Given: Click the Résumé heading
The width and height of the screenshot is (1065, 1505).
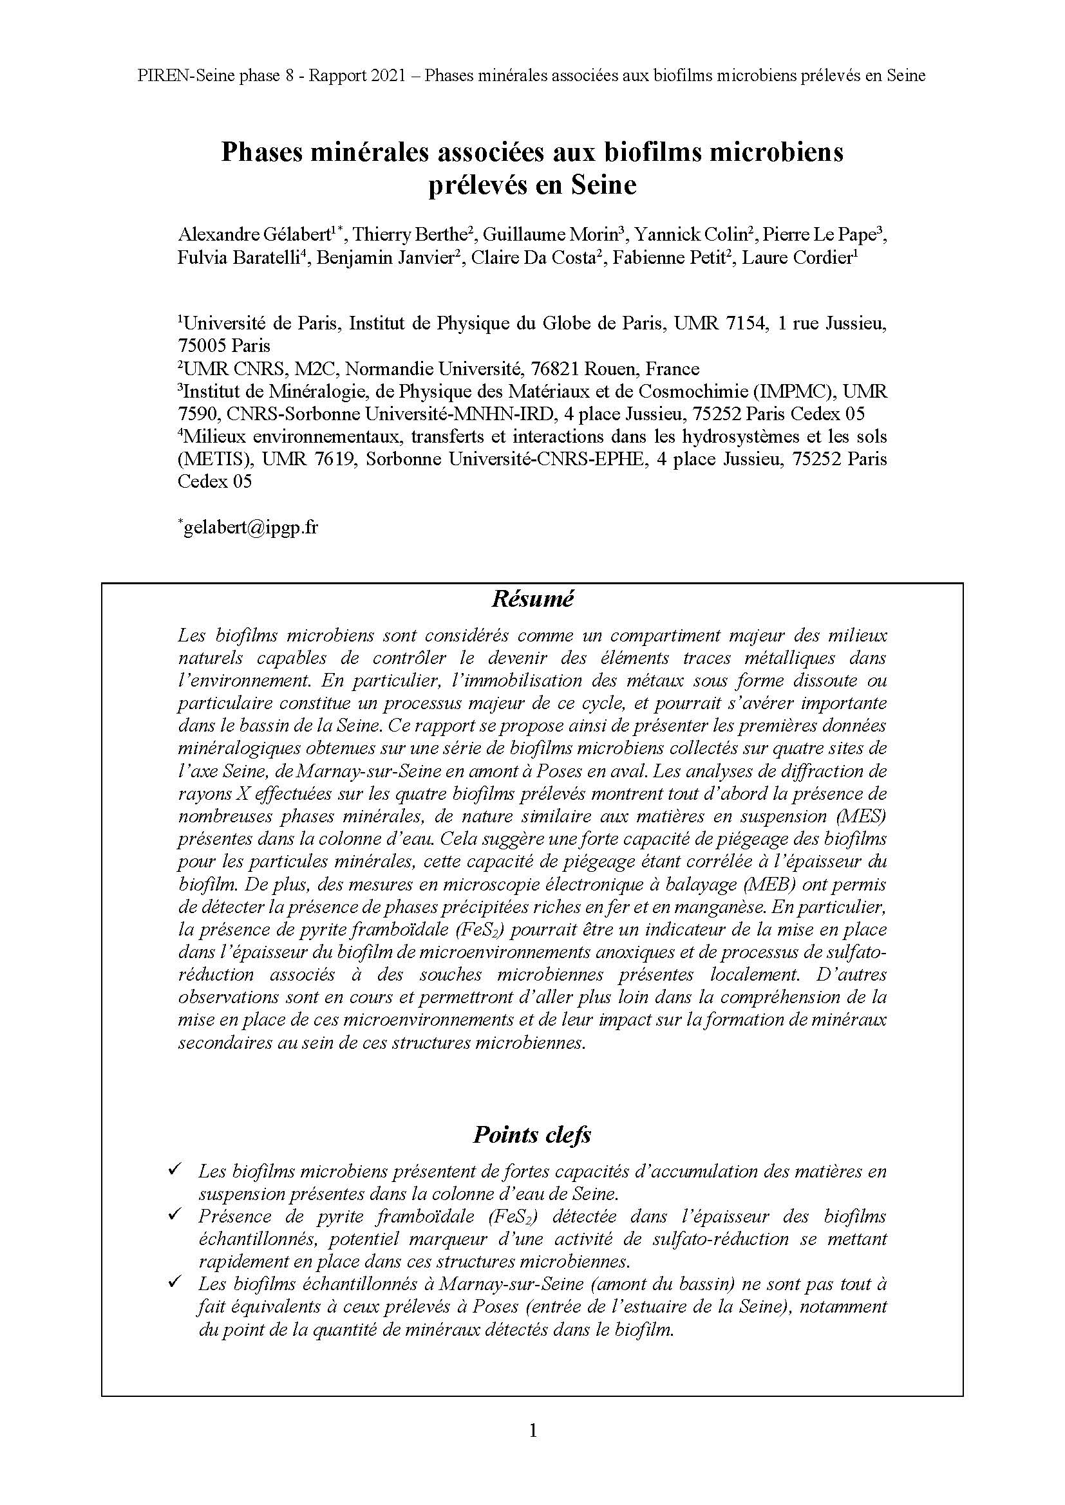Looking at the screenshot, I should (x=532, y=599).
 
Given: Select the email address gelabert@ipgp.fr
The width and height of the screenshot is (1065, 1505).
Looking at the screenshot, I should (x=250, y=528).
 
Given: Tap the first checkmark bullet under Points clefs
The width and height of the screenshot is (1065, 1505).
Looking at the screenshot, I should (x=174, y=1168).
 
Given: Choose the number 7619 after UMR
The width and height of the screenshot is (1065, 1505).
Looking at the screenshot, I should (x=335, y=459).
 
